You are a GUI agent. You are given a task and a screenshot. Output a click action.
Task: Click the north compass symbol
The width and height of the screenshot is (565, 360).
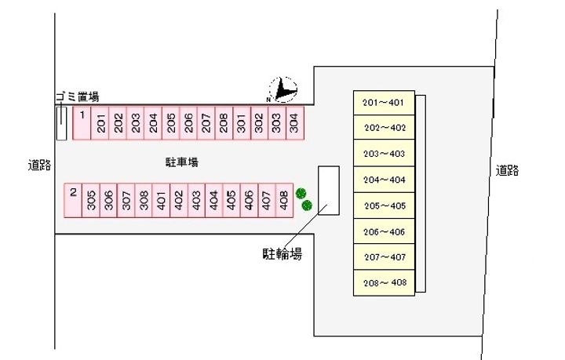(283, 90)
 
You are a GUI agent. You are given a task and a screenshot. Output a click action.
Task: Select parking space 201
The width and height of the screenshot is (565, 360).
(100, 123)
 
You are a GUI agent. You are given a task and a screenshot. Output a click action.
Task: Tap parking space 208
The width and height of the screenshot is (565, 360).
(224, 123)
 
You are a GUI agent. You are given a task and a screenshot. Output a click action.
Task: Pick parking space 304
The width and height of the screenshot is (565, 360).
(294, 123)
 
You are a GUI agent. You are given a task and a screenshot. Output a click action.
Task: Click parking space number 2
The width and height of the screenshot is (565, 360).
(73, 200)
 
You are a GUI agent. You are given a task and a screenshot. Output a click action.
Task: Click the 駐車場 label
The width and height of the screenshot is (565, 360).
(181, 162)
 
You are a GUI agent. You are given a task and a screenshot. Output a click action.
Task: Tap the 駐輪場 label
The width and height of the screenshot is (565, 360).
(282, 253)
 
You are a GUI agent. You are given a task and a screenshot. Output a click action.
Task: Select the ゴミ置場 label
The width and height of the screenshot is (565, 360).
(77, 96)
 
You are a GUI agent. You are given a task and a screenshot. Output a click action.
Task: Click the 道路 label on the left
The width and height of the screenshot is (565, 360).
(39, 165)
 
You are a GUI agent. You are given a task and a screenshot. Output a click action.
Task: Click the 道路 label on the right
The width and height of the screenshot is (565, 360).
(507, 170)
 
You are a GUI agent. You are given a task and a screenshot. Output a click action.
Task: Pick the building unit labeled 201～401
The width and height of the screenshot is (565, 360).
(384, 103)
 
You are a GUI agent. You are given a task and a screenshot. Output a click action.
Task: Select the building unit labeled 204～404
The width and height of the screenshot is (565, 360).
(384, 180)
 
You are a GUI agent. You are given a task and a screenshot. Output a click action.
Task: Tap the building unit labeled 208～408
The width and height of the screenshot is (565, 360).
(384, 282)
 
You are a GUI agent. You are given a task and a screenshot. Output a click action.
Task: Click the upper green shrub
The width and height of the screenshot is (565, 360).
(301, 193)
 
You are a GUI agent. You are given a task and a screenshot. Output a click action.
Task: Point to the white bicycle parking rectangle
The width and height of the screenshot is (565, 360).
(328, 191)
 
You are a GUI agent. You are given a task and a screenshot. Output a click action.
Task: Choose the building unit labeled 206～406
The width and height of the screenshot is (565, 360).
(384, 231)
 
